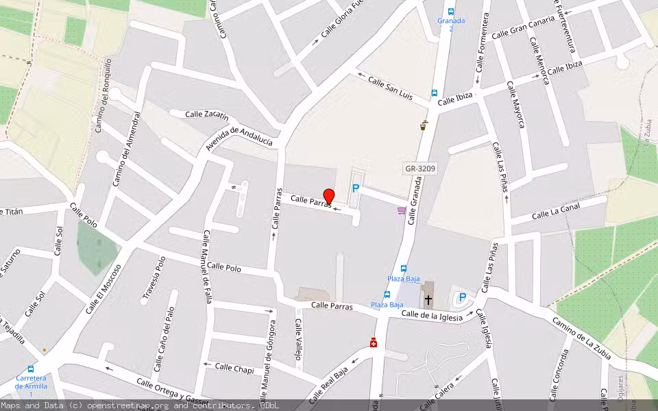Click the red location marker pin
pos(329,197)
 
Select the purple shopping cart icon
pos(402,211)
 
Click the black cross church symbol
pos(428,299)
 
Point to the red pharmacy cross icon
pos(374,342)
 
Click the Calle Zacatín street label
pos(207,114)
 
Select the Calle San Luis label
pos(390,90)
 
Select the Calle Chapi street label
pos(234,368)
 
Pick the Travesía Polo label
pos(154,279)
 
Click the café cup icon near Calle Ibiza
pos(424,125)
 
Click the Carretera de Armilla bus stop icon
pos(30,369)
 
